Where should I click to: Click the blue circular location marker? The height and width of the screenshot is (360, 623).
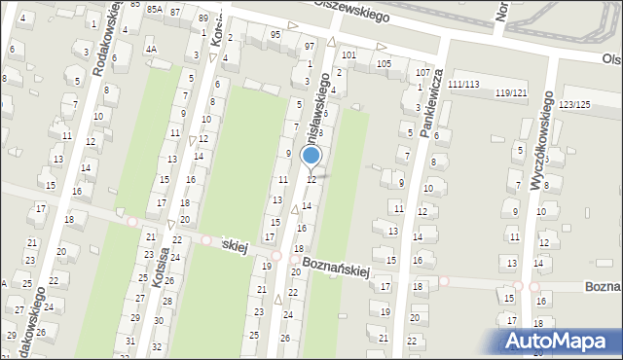click(x=311, y=156)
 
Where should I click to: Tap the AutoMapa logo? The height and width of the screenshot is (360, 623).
click(x=561, y=341)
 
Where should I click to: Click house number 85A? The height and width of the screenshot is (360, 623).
click(x=154, y=10)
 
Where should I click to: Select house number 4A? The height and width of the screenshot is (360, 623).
click(x=150, y=48)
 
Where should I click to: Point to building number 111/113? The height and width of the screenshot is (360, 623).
click(x=463, y=85)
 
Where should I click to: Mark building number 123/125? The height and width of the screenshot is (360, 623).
click(x=574, y=103)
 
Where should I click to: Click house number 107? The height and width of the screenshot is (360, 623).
click(x=422, y=73)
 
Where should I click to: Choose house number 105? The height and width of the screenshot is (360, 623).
click(x=384, y=63)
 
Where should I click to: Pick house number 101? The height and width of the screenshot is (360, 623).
click(x=348, y=54)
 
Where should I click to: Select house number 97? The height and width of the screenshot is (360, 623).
click(x=309, y=47)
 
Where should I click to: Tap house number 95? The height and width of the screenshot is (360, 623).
click(x=275, y=35)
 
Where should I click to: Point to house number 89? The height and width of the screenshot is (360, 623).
click(x=202, y=18)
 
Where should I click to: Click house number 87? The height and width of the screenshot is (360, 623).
click(x=174, y=12)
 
